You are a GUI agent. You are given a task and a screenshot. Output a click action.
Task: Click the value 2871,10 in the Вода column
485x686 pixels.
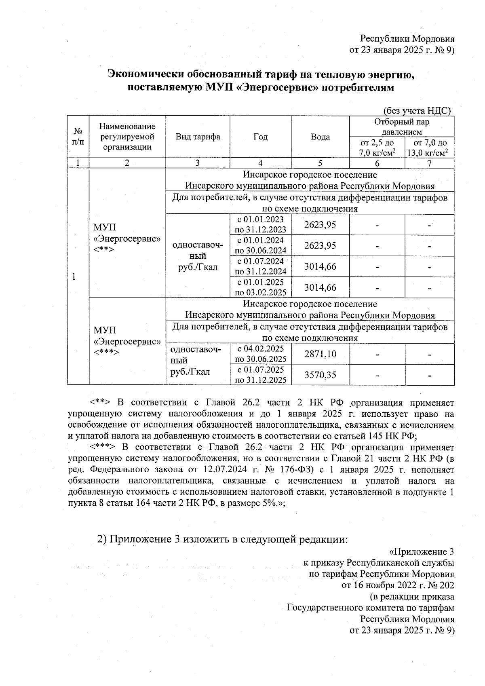click(x=320, y=354)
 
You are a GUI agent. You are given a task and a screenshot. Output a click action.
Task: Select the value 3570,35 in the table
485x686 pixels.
click(x=320, y=375)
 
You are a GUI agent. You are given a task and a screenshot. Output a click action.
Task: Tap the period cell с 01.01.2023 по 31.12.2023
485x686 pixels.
click(x=260, y=224)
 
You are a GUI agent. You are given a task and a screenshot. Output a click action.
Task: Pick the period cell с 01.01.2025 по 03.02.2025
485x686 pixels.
click(x=260, y=287)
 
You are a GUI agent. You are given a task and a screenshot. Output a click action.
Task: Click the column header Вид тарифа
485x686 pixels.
click(x=198, y=137)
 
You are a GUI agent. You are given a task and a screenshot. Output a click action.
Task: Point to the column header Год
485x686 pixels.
click(x=260, y=137)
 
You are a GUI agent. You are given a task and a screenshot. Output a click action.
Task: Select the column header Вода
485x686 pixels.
click(x=320, y=137)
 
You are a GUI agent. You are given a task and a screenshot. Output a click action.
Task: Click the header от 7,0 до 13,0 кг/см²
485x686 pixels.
click(x=429, y=148)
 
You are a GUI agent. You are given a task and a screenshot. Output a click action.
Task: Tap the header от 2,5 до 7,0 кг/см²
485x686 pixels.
click(x=377, y=148)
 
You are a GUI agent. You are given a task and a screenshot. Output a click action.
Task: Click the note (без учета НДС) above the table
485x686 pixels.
click(x=416, y=110)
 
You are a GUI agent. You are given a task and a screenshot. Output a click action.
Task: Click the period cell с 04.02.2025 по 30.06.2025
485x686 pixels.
click(x=260, y=354)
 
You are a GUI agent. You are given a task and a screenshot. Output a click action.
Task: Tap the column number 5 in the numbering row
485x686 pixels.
click(x=320, y=163)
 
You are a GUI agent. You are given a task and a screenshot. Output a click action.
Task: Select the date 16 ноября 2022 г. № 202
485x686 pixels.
click(x=398, y=585)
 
